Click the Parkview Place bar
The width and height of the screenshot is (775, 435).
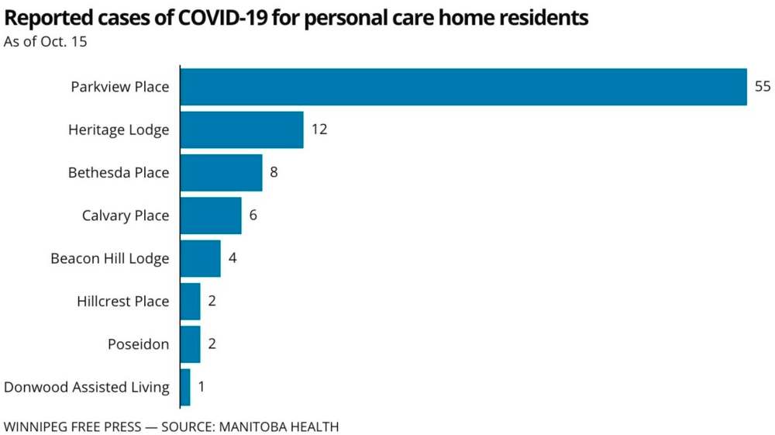pyautogui.click(x=463, y=87)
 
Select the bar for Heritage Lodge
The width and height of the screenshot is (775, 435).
pyautogui.click(x=242, y=129)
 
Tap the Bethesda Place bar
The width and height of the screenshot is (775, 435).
pyautogui.click(x=221, y=172)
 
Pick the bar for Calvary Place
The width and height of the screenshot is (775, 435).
pyautogui.click(x=211, y=216)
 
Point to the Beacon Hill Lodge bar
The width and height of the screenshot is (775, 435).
pyautogui.click(x=200, y=258)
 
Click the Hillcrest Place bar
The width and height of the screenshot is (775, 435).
pyautogui.click(x=190, y=301)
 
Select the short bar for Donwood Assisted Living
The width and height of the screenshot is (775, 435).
pyautogui.click(x=185, y=387)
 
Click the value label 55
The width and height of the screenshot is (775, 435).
pyautogui.click(x=763, y=87)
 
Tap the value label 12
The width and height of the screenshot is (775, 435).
pyautogui.click(x=319, y=129)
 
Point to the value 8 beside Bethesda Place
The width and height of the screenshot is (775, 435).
pyautogui.click(x=274, y=172)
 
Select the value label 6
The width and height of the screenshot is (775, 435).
pyautogui.click(x=253, y=216)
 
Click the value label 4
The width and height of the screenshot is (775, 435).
pyautogui.click(x=232, y=258)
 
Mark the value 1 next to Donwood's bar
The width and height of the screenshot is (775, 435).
pyautogui.click(x=201, y=387)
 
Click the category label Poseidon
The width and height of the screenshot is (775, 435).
pyautogui.click(x=138, y=344)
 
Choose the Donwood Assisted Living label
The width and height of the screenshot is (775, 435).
pyautogui.click(x=87, y=387)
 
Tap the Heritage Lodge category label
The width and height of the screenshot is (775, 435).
pyautogui.click(x=119, y=129)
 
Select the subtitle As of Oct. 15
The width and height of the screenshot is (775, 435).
pyautogui.click(x=45, y=42)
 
